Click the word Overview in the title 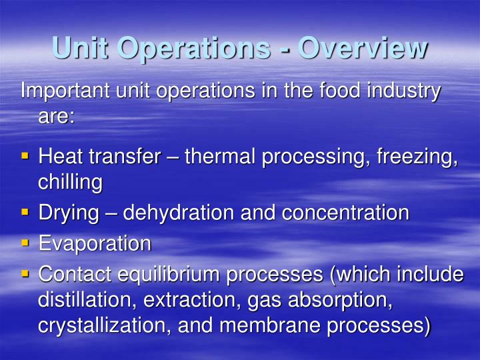coord(362,47)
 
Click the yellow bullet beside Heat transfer coord(25,156)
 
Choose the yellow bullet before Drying coord(25,211)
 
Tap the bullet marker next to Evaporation coord(25,242)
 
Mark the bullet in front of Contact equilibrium coord(25,273)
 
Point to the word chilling coord(70,182)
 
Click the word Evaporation coord(95,243)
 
